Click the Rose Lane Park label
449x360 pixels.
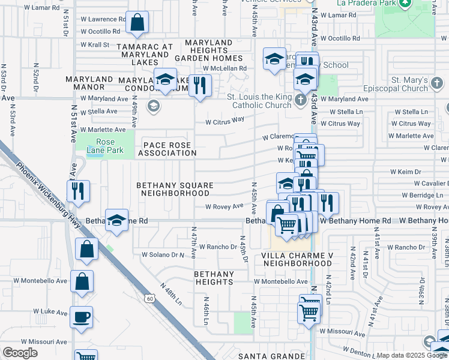point(101,146)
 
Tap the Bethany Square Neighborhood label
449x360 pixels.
point(173,190)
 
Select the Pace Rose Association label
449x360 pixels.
point(167,149)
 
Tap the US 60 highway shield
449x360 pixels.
point(149,298)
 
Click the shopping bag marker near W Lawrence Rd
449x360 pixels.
point(137,23)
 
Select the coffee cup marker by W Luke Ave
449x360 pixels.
point(81,317)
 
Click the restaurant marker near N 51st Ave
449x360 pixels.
point(79,191)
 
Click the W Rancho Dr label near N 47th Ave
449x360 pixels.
point(219,247)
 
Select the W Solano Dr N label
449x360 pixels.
point(163,254)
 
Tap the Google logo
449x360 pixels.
point(20,353)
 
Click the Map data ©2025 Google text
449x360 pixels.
point(412,355)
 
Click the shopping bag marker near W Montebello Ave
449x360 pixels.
point(82,280)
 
